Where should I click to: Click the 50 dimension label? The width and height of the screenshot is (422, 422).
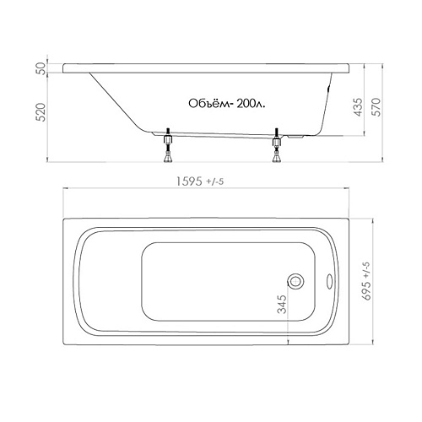point(41,68)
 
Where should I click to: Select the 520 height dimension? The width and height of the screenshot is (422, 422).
point(41,112)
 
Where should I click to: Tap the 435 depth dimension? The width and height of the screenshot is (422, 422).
point(358,107)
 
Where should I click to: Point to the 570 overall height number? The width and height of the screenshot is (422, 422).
point(376,107)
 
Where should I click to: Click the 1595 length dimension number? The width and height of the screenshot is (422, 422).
point(189,181)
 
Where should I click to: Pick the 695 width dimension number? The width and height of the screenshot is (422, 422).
point(368,290)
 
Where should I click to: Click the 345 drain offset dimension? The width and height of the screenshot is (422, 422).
point(282,304)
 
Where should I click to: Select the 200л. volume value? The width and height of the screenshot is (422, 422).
point(251,104)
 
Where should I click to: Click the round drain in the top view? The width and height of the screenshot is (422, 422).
point(295,281)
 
